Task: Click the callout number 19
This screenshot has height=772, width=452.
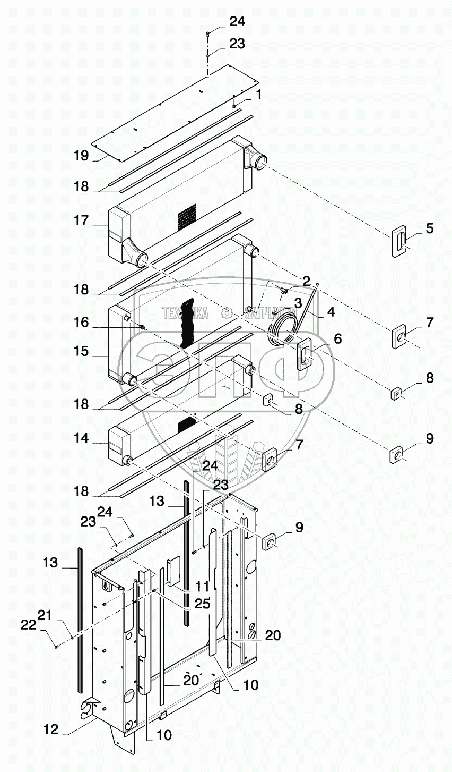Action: (x=81, y=156)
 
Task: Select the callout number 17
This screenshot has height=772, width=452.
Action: (x=81, y=220)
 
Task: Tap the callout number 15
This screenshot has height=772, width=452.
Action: (x=81, y=352)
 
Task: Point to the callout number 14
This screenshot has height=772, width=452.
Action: (x=81, y=438)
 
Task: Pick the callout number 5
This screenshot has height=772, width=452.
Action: (x=430, y=228)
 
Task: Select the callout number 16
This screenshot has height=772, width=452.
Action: (x=81, y=323)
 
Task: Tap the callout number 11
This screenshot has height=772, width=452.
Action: (x=202, y=587)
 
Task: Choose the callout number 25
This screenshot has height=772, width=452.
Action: (x=203, y=604)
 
